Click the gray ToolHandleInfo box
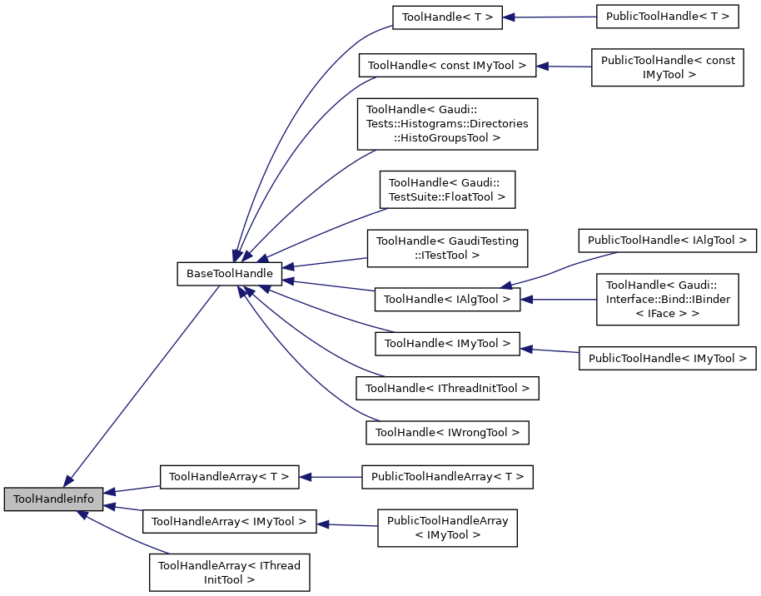54,499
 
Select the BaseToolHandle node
229,272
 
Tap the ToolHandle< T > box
447,17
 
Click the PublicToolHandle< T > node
668,17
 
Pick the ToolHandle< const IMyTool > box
447,65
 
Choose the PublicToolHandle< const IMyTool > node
668,67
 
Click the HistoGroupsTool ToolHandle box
447,124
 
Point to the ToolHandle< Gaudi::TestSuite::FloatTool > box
447,190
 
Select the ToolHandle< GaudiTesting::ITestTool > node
447,247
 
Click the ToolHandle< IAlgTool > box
447,299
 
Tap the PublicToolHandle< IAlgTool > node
668,241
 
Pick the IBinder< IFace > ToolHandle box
668,299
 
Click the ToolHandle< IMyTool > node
447,342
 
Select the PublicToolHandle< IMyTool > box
668,358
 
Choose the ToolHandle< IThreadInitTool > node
447,387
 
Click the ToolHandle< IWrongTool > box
447,432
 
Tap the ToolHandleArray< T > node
229,477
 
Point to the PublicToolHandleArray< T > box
447,477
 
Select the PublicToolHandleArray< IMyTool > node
447,528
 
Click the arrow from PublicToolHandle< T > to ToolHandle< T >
550,17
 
